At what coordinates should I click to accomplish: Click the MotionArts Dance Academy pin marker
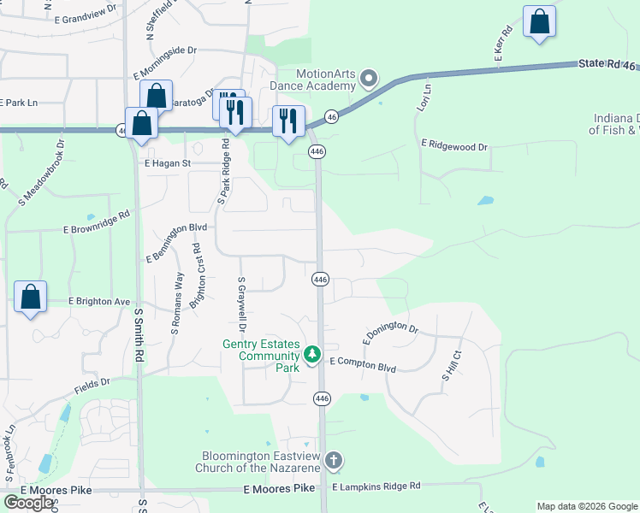coord(369,80)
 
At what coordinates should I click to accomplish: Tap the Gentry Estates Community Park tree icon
coord(312,354)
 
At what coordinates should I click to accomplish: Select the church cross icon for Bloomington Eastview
coord(333,461)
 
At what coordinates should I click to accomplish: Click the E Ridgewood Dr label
coord(453,147)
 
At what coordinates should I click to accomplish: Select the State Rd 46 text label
coord(607,63)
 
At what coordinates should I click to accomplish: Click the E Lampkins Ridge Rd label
coord(376,486)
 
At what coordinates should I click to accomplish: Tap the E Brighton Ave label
coord(99,302)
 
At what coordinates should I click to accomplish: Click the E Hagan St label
coord(167,162)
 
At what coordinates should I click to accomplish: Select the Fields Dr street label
coord(92,386)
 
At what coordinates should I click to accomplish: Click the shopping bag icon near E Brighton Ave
coord(31,298)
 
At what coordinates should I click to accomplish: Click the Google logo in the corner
coord(28,503)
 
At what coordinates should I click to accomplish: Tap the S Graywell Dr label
coord(242,305)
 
